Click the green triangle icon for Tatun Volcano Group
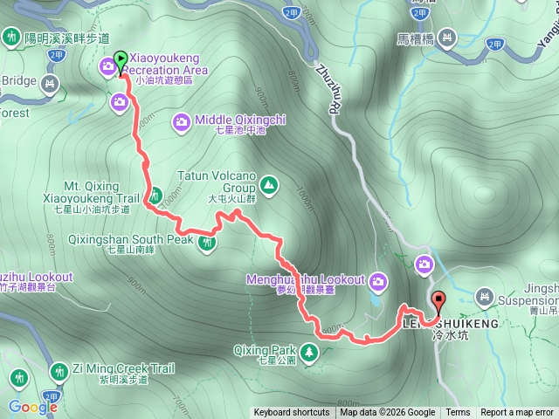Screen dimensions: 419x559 [x=268, y=185]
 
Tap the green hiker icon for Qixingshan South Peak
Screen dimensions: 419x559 [x=208, y=243]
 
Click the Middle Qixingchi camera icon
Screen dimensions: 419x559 [x=182, y=121]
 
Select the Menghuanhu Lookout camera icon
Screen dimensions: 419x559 [x=378, y=280]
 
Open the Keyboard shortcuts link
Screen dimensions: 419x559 [x=292, y=413]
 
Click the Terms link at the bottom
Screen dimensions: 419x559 [x=458, y=413]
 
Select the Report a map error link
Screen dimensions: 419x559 [x=517, y=413]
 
